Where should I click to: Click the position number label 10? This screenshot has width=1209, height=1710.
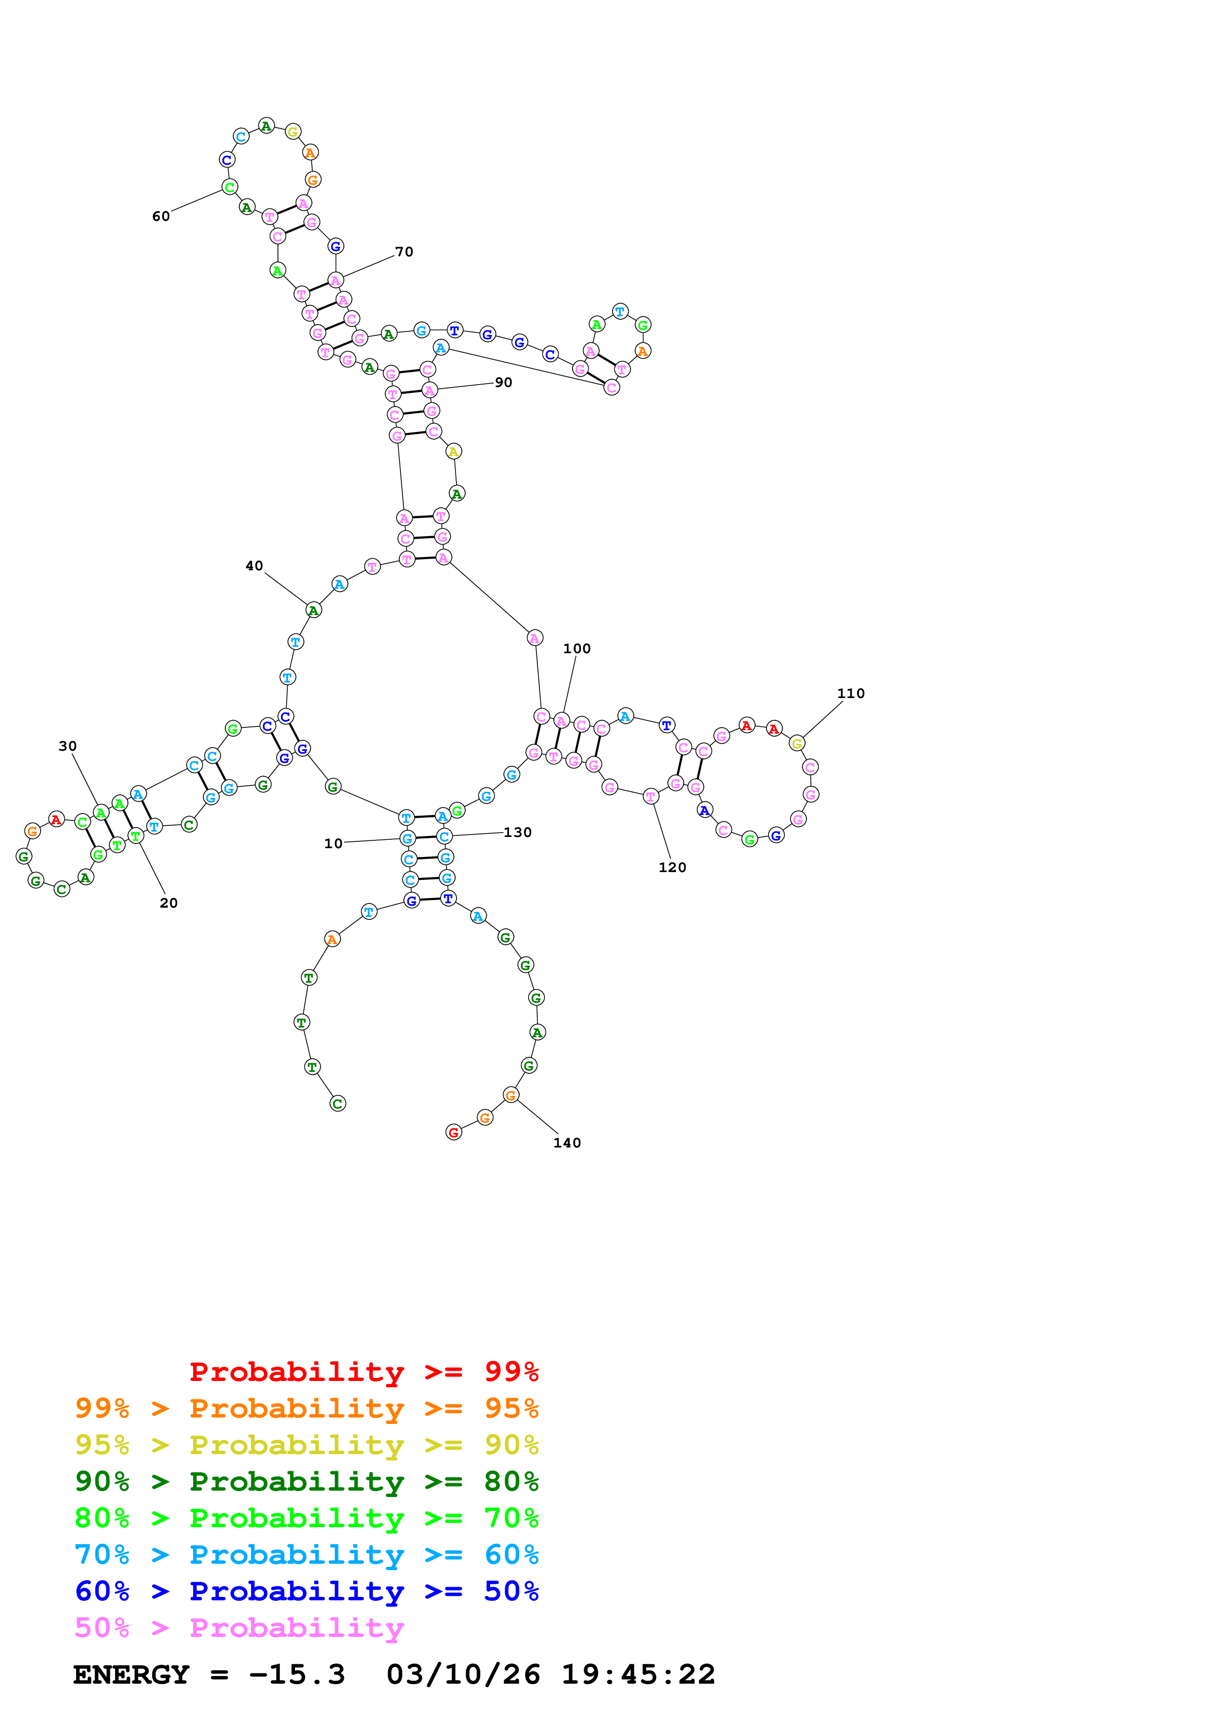(333, 843)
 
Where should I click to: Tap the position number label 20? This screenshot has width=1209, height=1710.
(169, 903)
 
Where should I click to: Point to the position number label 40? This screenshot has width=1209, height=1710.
(254, 565)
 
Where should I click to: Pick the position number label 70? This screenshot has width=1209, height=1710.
(404, 252)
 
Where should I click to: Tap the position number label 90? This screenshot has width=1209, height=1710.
(504, 382)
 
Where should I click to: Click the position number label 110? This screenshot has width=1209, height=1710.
(851, 693)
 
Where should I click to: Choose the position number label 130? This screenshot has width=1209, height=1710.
(518, 832)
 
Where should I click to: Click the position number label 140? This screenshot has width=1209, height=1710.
(567, 1143)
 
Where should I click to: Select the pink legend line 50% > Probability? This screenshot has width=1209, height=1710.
(239, 1627)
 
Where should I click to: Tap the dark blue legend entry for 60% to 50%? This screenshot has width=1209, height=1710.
(306, 1591)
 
